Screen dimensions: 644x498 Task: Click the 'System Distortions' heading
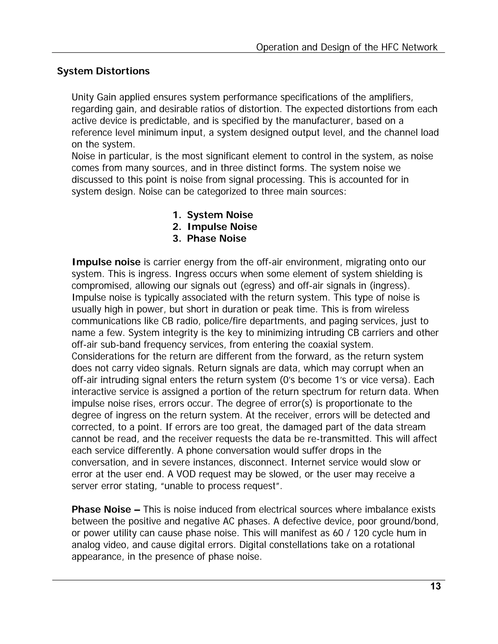103,71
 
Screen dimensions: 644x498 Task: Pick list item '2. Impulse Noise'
215,226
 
